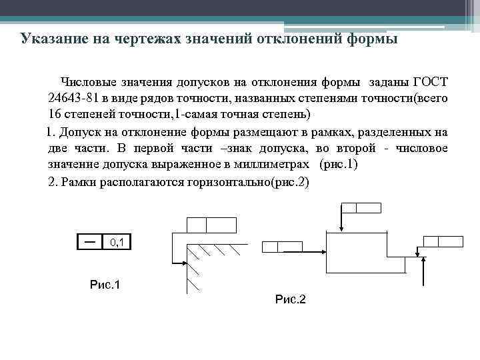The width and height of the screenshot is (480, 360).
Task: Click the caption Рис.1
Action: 105,285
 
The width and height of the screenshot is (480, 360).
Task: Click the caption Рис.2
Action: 290,300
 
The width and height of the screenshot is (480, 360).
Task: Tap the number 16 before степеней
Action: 54,113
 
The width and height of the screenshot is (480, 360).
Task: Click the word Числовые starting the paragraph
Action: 89,82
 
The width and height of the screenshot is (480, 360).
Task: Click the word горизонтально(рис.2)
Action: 254,181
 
